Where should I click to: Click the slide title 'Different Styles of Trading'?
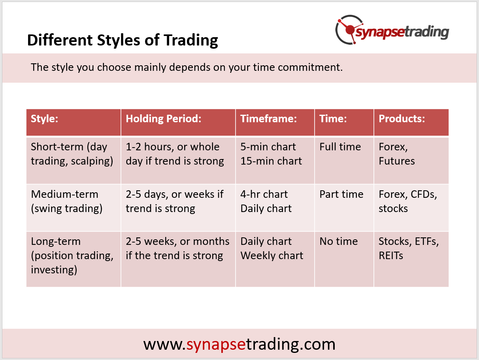123,40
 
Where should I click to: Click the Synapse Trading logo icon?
349,30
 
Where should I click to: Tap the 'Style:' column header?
45,119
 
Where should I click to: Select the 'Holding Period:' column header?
164,119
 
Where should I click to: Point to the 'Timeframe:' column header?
269,119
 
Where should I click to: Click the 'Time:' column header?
333,119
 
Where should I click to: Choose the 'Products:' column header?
402,119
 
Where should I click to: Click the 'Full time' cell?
340,147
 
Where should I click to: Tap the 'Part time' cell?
341,194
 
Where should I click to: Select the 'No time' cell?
339,241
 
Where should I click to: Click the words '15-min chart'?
271,161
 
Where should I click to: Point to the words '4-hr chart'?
264,194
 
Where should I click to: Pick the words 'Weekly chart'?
272,256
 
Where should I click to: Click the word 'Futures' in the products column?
397,161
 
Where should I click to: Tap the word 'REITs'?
391,256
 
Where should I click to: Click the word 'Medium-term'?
64,194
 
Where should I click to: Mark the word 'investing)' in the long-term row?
54,270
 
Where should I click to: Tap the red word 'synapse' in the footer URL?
216,345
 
